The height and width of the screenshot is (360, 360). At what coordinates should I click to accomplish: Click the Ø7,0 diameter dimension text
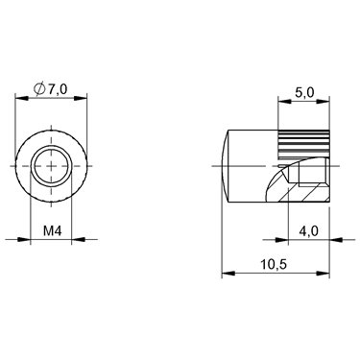point(51,89)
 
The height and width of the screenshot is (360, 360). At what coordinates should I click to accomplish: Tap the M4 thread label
point(52,230)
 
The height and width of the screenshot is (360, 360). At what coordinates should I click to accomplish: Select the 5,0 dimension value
point(304,93)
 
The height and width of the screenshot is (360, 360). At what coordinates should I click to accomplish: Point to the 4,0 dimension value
point(308,230)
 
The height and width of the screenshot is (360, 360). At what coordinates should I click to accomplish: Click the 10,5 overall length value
point(274,265)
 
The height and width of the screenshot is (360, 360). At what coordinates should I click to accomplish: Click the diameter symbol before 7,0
point(39,89)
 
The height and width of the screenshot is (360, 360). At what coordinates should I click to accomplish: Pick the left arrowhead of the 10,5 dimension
point(228,273)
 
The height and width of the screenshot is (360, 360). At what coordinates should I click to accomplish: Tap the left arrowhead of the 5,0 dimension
point(284,102)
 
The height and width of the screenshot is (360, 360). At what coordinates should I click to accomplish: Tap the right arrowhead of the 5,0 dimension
point(323,102)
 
